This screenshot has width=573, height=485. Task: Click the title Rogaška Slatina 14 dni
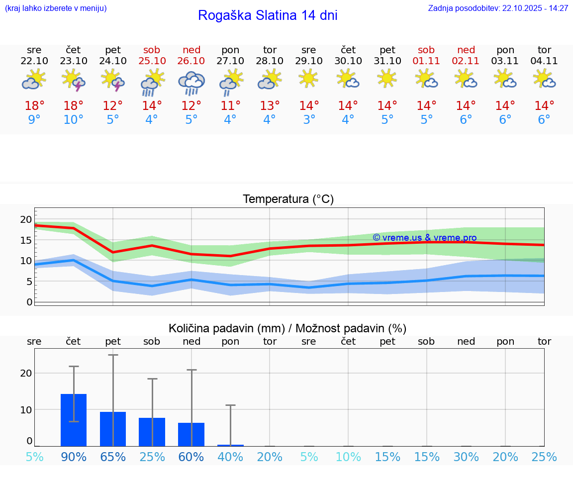(268, 15)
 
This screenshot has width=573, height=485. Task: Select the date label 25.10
(152, 61)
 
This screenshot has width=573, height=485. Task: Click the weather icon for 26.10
(191, 83)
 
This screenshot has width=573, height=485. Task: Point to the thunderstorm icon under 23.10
(74, 81)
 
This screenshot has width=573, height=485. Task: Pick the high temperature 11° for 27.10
(230, 106)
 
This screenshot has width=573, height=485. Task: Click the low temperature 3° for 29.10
(309, 120)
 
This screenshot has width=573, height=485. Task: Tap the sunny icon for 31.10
(387, 79)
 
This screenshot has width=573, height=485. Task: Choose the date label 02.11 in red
(466, 61)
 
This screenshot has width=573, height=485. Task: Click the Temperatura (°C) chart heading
(288, 199)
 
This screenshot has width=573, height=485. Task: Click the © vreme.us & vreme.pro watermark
(424, 238)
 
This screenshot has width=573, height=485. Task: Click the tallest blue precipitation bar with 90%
(74, 420)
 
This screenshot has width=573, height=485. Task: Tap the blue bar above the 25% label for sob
(152, 432)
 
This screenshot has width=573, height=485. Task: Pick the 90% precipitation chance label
(74, 457)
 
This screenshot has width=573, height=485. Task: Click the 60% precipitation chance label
(191, 457)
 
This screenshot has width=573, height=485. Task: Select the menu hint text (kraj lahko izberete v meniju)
(55, 8)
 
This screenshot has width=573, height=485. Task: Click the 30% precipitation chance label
(466, 457)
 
